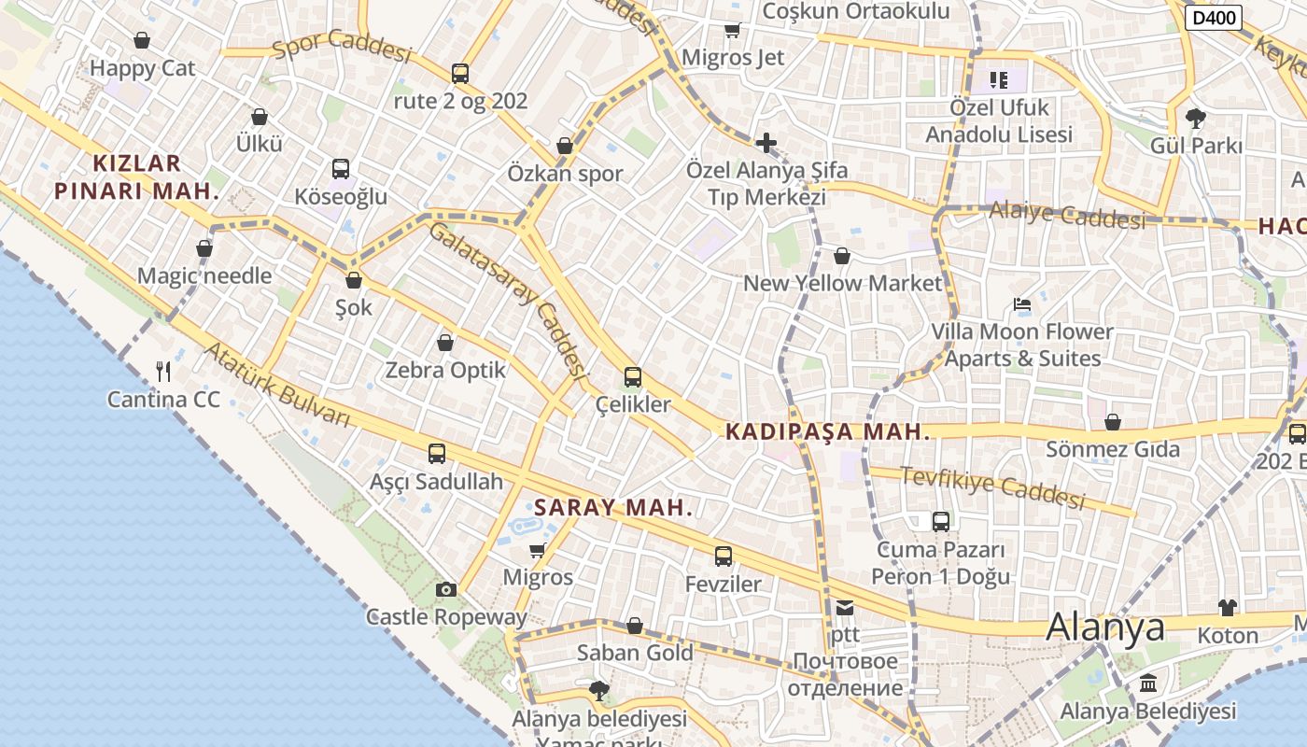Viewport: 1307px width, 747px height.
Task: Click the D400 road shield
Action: point(1213,17)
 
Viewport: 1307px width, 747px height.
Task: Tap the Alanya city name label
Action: point(1105,627)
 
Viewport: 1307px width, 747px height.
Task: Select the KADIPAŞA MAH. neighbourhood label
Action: point(827,431)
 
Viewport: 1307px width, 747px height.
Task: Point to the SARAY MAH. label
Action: point(613,508)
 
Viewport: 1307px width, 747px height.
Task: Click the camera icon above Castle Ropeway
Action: point(446,589)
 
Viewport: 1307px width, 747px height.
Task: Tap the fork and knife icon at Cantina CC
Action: point(163,372)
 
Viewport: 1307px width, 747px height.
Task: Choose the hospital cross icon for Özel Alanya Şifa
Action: point(766,143)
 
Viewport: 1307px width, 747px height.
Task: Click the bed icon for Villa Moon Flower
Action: point(1022,304)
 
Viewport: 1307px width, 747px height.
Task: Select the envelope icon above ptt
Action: point(845,608)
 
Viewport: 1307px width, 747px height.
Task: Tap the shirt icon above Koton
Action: point(1228,608)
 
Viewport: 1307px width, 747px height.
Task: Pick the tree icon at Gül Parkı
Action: point(1195,119)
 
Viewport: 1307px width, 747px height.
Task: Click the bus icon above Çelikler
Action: point(633,377)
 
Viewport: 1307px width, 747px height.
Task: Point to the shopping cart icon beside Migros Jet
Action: point(733,31)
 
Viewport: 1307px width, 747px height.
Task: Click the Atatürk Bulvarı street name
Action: point(276,385)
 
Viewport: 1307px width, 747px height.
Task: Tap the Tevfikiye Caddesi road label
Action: point(993,487)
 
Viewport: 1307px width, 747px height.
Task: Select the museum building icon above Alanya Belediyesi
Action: point(1148,684)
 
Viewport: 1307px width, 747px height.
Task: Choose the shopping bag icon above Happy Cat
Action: point(142,40)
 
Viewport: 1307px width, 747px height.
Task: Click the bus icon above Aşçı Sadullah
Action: point(437,454)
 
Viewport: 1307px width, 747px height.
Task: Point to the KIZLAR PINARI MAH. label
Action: point(136,177)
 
